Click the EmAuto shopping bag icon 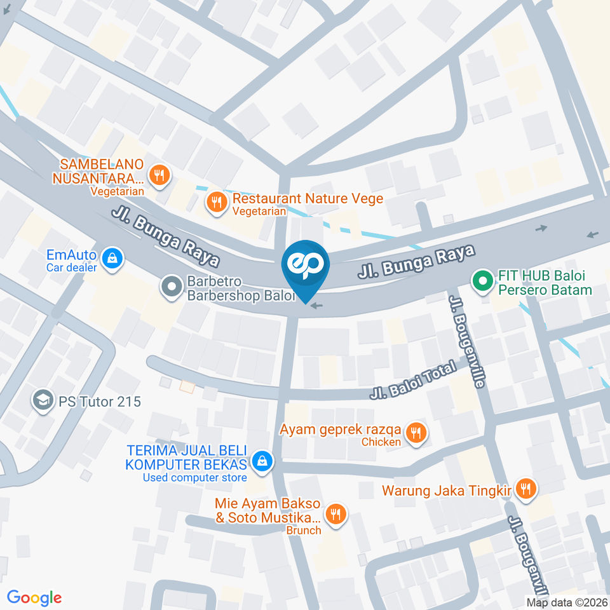112,258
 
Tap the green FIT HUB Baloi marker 482,280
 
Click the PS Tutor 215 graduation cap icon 43,402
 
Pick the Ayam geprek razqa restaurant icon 416,433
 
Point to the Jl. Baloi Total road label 414,380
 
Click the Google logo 34,597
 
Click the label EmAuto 71,255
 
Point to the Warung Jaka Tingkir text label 447,490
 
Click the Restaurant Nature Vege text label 308,198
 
